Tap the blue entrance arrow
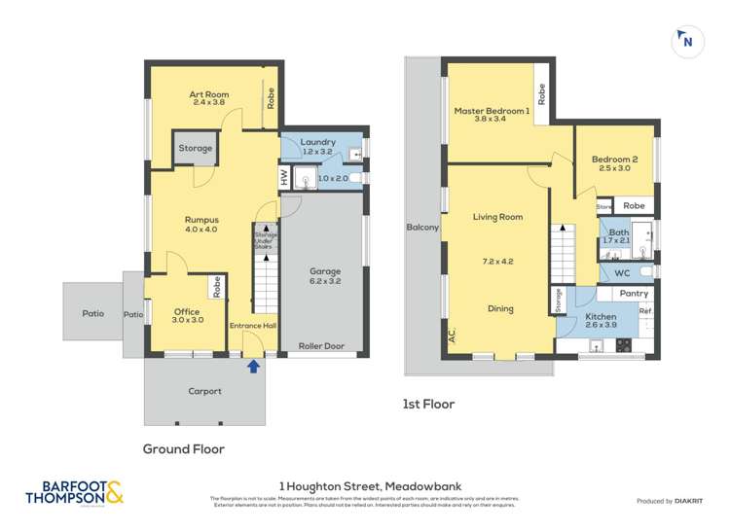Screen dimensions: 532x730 [x=254, y=367]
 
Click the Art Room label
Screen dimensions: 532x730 [x=208, y=94]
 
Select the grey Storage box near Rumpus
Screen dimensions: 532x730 [x=195, y=149]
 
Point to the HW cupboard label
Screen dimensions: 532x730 [x=285, y=178]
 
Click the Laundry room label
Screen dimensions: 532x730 [x=318, y=141]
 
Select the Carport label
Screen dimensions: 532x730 [x=206, y=391]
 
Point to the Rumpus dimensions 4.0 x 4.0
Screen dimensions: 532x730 [x=201, y=230]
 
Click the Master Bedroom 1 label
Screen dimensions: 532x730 [x=492, y=112]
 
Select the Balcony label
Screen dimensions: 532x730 [x=422, y=228]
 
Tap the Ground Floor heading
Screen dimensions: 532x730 [x=184, y=449]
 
